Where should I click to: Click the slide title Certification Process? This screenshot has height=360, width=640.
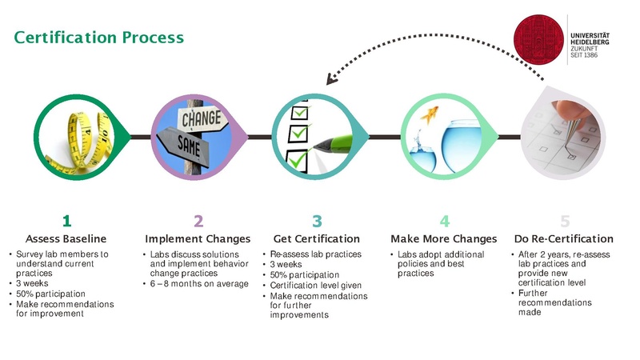tap(99, 38)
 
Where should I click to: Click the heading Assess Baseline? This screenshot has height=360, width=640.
tap(66, 239)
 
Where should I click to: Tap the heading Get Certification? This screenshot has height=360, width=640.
tap(317, 239)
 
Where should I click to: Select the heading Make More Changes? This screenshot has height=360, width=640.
tap(443, 239)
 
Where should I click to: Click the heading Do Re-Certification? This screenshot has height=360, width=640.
tap(564, 239)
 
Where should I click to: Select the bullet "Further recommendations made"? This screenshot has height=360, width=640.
tap(555, 303)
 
